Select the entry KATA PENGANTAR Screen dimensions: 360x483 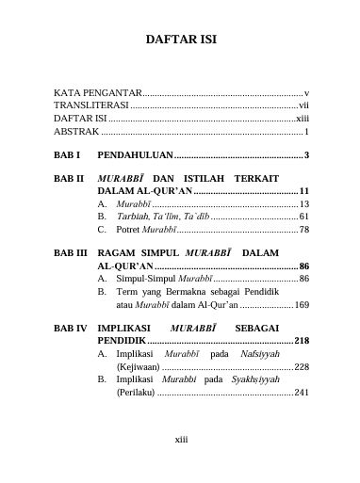[x=97, y=94]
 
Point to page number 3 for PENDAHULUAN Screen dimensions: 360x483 [x=307, y=154]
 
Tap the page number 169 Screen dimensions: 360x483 [x=301, y=305]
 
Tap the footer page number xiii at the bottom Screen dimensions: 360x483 [x=182, y=438]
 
